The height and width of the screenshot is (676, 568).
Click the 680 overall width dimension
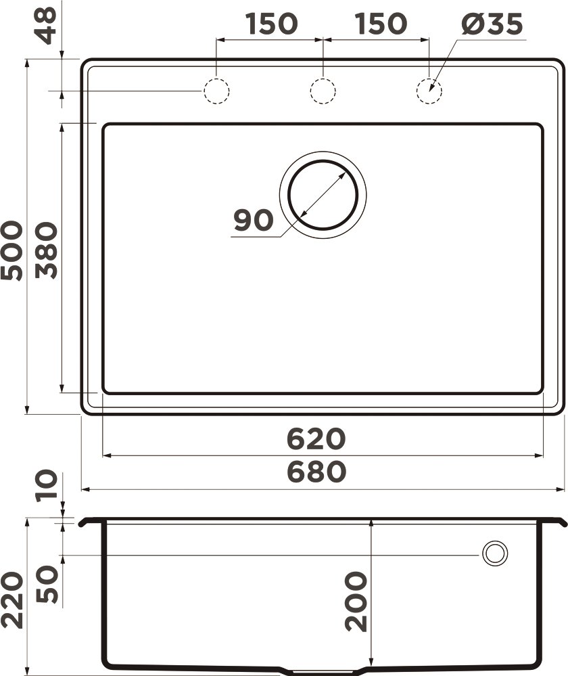pyautogui.click(x=316, y=472)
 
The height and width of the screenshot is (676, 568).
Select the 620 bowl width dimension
pyautogui.click(x=316, y=439)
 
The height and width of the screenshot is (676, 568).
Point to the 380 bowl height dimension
pyautogui.click(x=47, y=251)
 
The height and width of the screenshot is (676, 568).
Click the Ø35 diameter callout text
pyautogui.click(x=492, y=25)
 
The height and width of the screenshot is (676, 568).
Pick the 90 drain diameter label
pyautogui.click(x=253, y=220)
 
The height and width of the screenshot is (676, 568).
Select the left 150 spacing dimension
pyautogui.click(x=270, y=24)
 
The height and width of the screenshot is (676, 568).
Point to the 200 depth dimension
pyautogui.click(x=356, y=601)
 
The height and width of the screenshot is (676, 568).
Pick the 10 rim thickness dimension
pyautogui.click(x=47, y=485)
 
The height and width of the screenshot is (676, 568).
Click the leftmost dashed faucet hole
pyautogui.click(x=216, y=91)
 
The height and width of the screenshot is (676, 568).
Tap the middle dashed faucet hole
pyautogui.click(x=323, y=91)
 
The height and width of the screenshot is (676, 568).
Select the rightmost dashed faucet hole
pyautogui.click(x=429, y=91)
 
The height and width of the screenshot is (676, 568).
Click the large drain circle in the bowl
pyautogui.click(x=323, y=195)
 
